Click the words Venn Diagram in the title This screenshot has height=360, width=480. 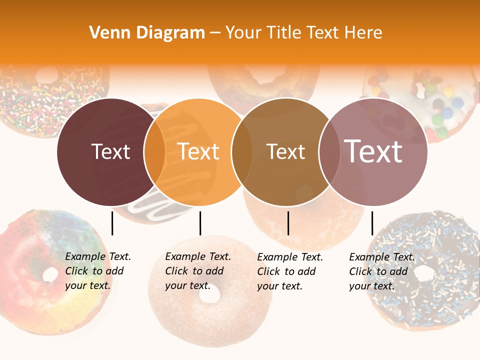tap(147, 33)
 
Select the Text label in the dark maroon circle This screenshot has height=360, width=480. tap(110, 152)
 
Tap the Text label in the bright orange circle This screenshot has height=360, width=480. tap(198, 152)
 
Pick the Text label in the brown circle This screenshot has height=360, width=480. tap(285, 152)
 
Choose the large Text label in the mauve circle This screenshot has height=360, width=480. tap(373, 151)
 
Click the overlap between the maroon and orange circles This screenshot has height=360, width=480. tap(154, 152)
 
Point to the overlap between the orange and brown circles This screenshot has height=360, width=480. tap(242, 152)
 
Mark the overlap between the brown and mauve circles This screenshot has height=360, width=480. tap(329, 152)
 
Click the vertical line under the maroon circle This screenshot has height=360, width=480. tap(112, 223)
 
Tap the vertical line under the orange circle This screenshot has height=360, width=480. tap(200, 223)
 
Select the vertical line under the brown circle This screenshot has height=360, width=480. tap(288, 223)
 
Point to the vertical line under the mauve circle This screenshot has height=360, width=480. tap(372, 223)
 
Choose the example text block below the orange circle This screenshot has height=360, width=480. tap(197, 271)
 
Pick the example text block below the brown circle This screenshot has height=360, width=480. tap(289, 271)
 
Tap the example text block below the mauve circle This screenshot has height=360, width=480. tap(381, 271)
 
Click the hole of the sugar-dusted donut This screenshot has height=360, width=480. tap(209, 295)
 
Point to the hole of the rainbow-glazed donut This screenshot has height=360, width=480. tap(50, 274)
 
